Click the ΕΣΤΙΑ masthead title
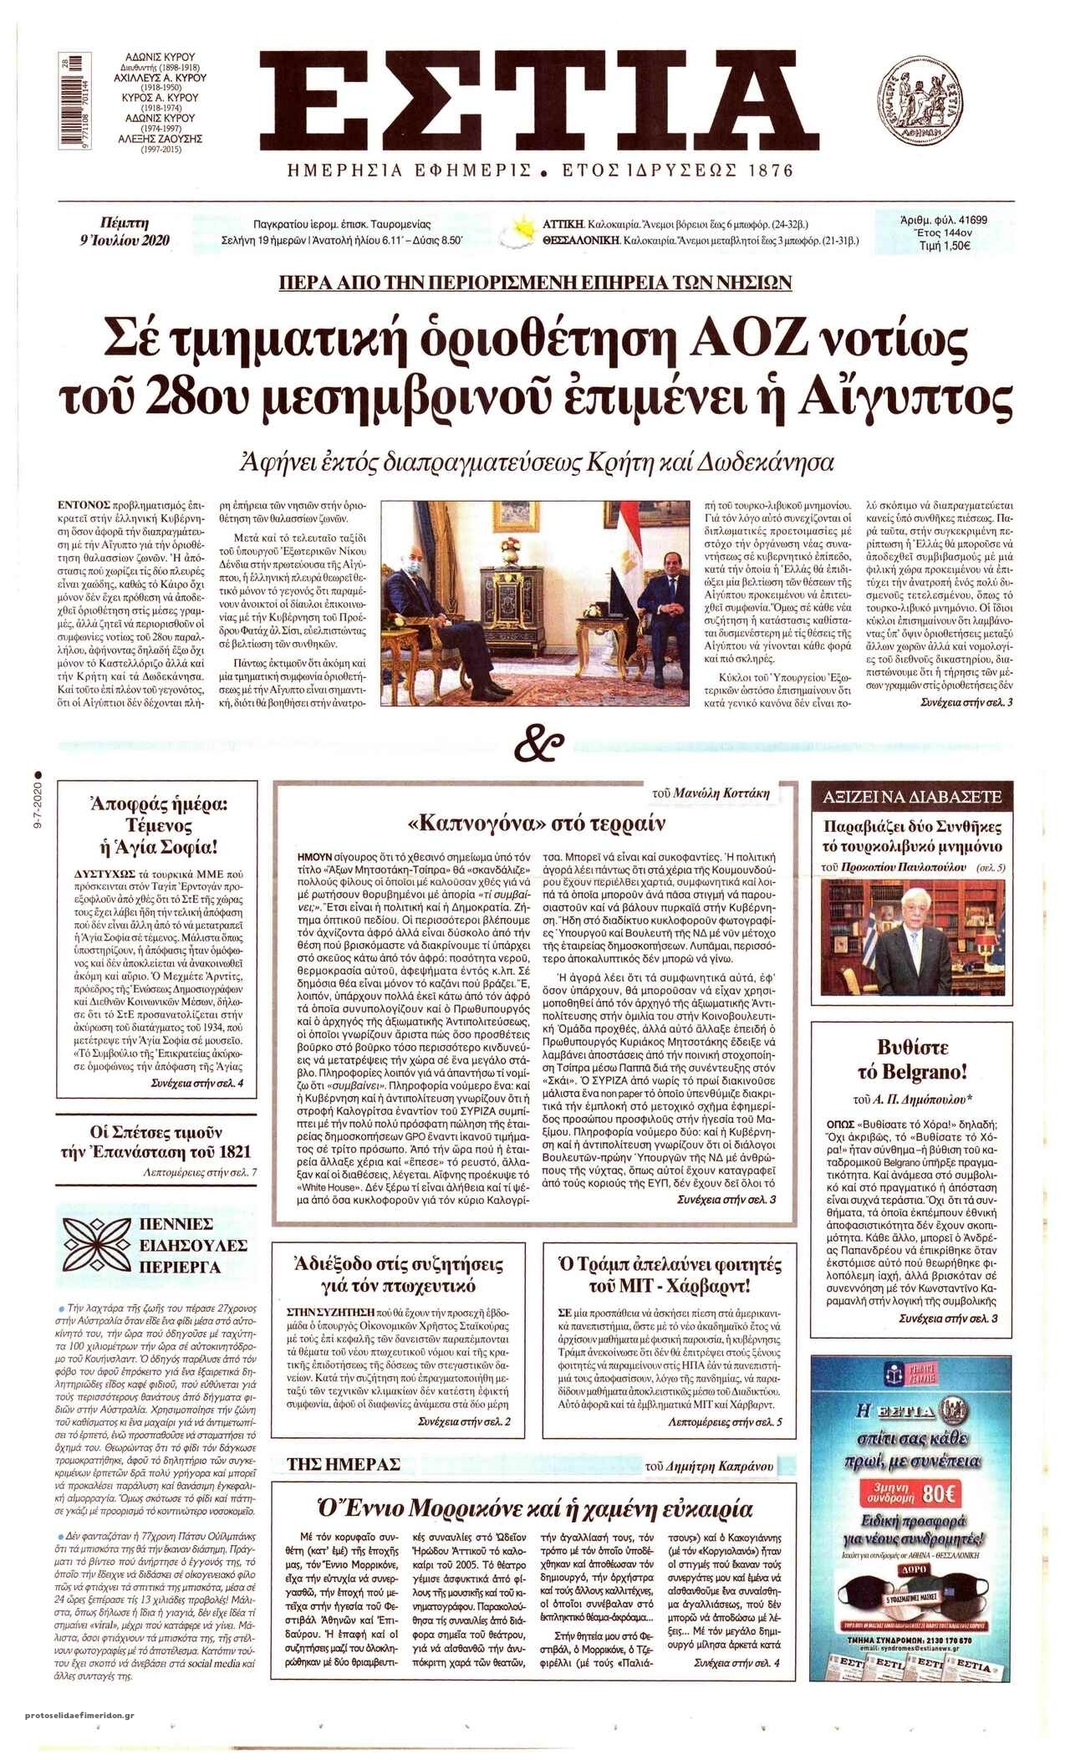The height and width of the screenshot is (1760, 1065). coord(538,101)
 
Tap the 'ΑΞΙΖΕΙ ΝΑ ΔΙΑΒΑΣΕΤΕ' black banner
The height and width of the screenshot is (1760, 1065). coord(912,798)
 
